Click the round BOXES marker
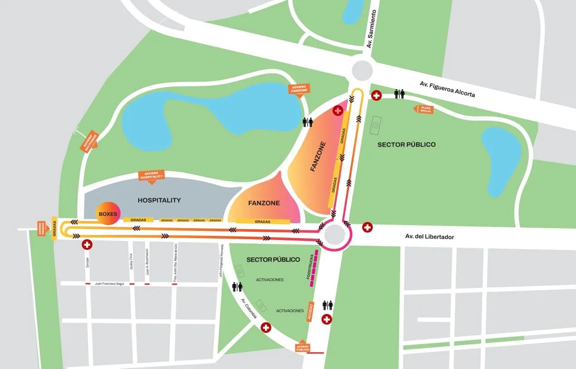tap(106, 214)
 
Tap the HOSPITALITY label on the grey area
tap(159, 200)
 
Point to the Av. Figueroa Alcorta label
tap(447, 89)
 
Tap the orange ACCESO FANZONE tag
tap(299, 88)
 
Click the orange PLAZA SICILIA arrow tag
tap(424, 109)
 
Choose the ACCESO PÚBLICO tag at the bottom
tap(303, 347)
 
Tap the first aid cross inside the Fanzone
tap(338, 110)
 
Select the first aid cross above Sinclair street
tap(87, 245)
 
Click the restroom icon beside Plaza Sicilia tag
tap(399, 94)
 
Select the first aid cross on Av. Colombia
tap(266, 327)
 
